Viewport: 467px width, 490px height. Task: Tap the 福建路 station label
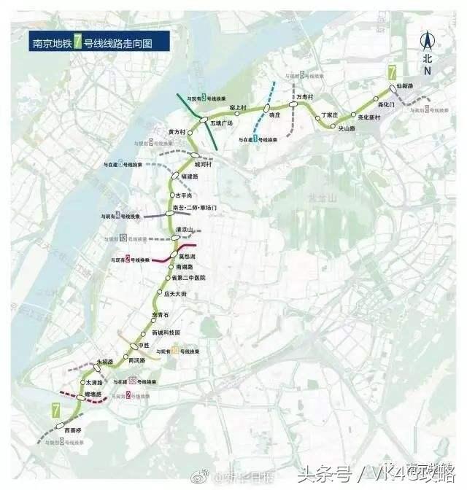point(190,176)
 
